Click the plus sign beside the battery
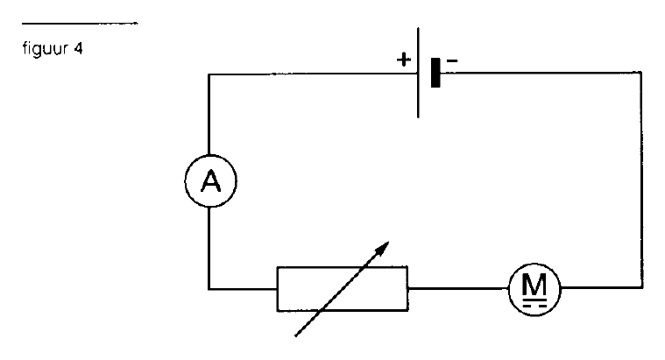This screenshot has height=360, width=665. click(x=404, y=60)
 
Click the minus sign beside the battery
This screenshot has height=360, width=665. click(x=452, y=61)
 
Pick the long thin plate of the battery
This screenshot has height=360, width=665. click(x=418, y=73)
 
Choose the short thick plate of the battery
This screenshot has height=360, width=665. click(x=435, y=73)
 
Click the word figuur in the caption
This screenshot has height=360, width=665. click(x=46, y=49)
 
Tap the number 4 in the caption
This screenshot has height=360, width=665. click(x=78, y=49)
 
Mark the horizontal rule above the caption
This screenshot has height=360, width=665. click(x=80, y=24)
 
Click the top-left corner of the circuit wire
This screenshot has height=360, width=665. click(x=209, y=74)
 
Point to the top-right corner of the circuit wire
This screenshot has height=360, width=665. click(x=641, y=73)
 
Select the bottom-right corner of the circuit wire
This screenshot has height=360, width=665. click(x=642, y=288)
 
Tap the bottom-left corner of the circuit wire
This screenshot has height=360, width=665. click(x=209, y=289)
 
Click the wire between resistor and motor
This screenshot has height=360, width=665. click(x=458, y=288)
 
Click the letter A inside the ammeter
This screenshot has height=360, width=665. click(x=211, y=181)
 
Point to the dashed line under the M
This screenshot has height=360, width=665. click(x=534, y=305)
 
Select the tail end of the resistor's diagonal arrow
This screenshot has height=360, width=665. click(x=295, y=336)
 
